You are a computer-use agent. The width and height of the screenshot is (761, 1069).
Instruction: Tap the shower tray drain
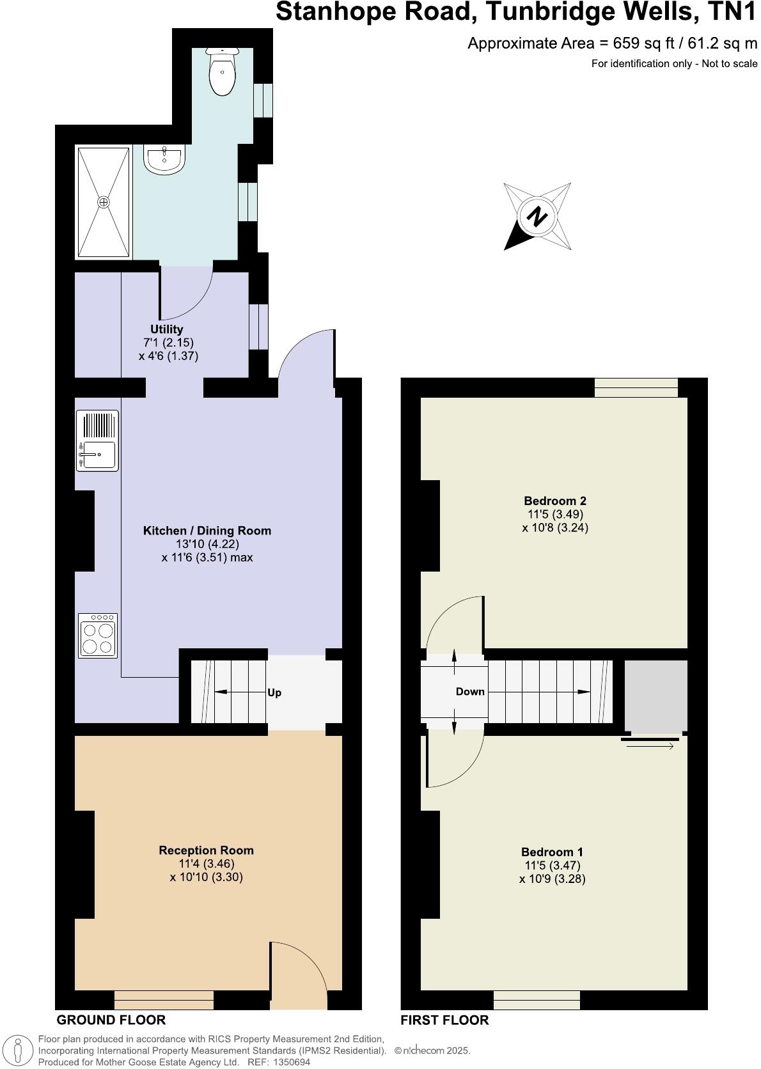coord(104,202)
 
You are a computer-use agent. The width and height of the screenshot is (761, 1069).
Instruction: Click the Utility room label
coord(167,329)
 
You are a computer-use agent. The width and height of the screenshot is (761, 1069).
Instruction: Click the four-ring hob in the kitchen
coord(98,635)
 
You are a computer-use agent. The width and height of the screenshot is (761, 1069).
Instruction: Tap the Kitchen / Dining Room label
coord(207,531)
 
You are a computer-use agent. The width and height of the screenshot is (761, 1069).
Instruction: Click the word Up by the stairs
coord(274,693)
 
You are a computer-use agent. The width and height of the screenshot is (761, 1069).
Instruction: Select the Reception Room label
coord(206,850)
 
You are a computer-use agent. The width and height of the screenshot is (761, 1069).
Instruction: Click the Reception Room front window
coord(164,999)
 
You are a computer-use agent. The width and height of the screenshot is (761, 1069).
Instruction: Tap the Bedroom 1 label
coord(552,852)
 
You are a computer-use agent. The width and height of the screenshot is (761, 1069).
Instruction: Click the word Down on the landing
coord(470,692)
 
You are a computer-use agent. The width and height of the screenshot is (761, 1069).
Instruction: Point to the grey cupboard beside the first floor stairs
coord(655,696)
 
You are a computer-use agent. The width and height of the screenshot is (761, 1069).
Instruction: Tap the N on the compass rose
coord(537,216)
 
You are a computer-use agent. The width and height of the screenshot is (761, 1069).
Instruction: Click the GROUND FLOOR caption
coord(111,1020)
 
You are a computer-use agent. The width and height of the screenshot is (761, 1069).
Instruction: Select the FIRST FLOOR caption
coord(444,1020)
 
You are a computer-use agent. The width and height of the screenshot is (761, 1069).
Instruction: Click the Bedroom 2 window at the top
coord(636,387)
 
